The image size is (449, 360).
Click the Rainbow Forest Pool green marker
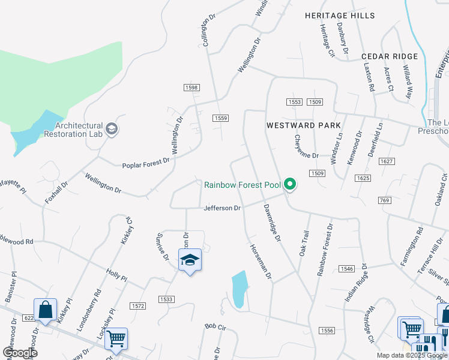pos(290,184)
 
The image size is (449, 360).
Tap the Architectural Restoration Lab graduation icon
pos(112,129)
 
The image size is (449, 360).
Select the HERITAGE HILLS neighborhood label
pos(339,16)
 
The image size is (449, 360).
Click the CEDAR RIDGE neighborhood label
pos(390,56)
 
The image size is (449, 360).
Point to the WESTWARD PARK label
pos(304,125)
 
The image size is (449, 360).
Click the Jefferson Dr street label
pos(222,208)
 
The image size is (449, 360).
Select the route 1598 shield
pos(191,88)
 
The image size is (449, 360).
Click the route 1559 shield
pos(220,118)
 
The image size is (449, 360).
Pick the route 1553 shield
pos(294,102)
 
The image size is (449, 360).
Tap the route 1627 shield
pos(387,161)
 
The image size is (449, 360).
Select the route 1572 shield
pos(138,306)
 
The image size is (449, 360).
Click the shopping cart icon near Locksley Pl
pos(116,338)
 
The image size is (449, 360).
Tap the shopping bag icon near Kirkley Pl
pos(45,310)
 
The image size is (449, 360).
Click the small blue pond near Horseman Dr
pos(239,289)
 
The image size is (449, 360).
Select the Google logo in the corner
pos(19,353)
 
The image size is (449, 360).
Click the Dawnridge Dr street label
pos(272,222)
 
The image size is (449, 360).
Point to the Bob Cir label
pos(214,327)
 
